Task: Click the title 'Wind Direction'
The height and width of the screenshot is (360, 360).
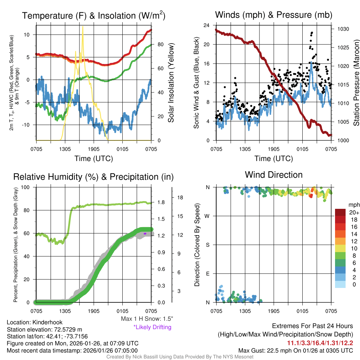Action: pyautogui.click(x=274, y=175)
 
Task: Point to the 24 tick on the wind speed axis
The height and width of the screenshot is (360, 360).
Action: pyautogui.click(x=207, y=25)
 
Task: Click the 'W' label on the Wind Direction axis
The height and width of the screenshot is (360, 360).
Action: pyautogui.click(x=208, y=216)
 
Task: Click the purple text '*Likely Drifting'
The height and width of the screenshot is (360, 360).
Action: pyautogui.click(x=152, y=327)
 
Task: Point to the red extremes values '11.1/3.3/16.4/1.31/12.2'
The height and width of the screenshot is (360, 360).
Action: pyautogui.click(x=320, y=343)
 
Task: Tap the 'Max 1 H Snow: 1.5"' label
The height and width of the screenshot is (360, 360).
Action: pyautogui.click(x=147, y=319)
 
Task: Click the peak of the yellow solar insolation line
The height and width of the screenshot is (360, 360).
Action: pyautogui.click(x=83, y=26)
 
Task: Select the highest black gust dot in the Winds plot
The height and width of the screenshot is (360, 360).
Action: pyautogui.click(x=312, y=33)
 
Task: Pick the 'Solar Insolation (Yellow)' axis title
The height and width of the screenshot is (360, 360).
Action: pyautogui.click(x=171, y=83)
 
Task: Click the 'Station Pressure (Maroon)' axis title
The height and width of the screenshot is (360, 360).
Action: pyautogui.click(x=356, y=83)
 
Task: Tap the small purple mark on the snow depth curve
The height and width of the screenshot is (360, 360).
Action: pyautogui.click(x=145, y=233)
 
